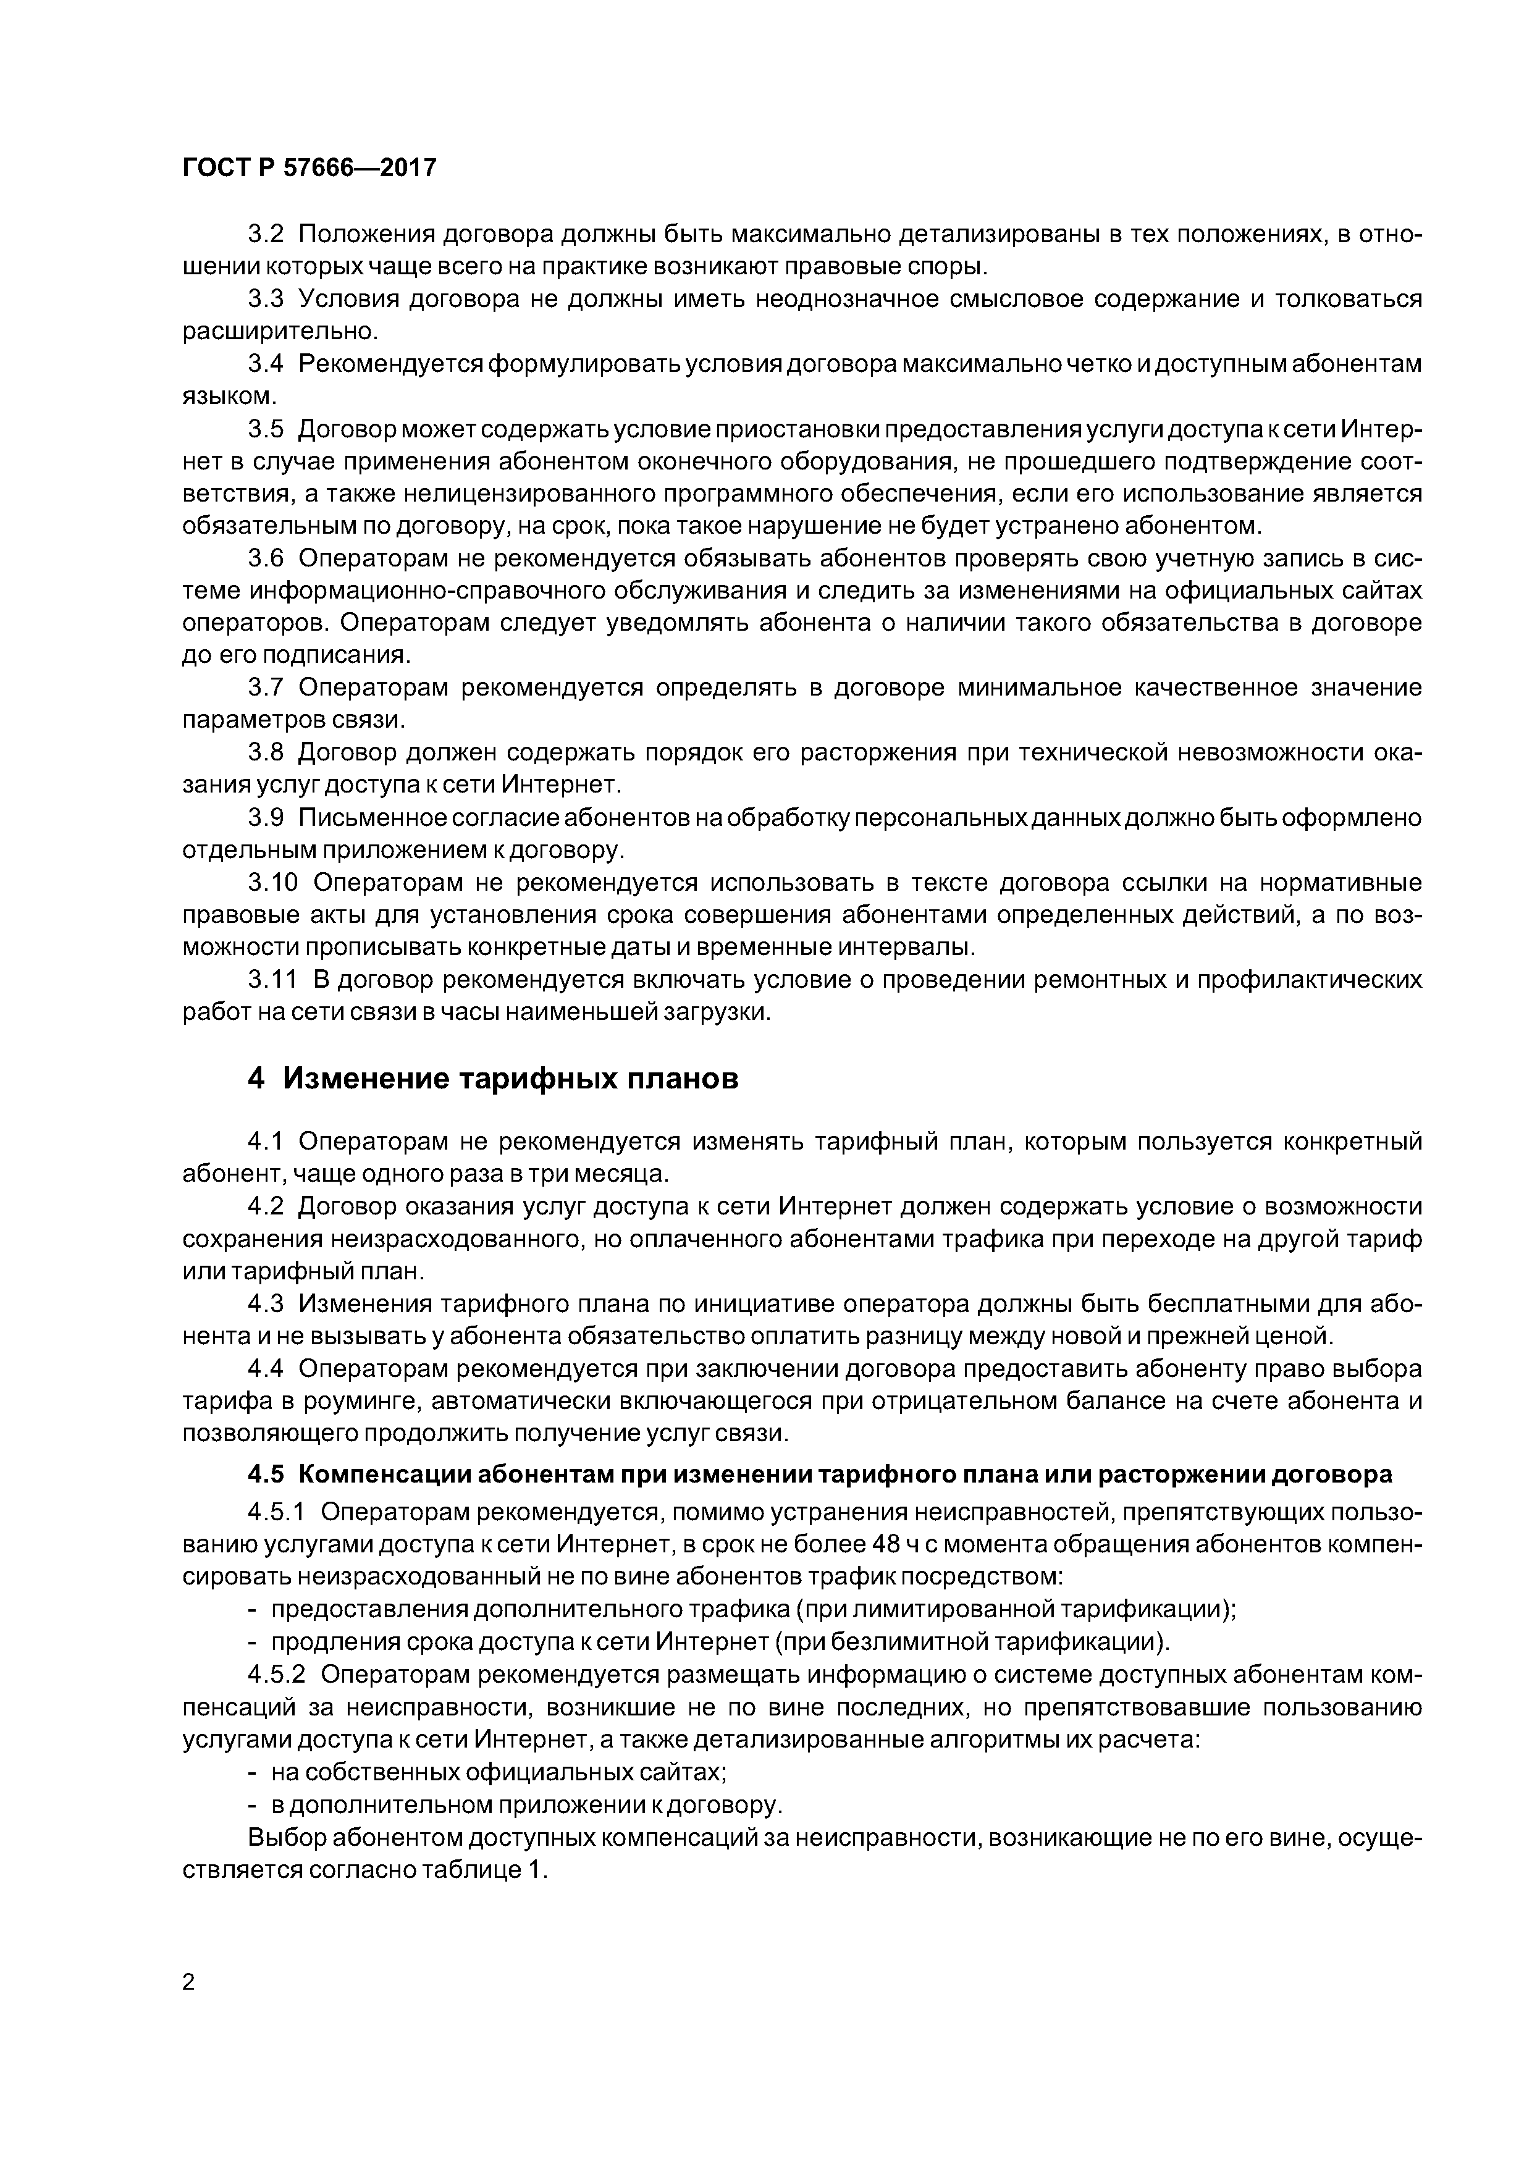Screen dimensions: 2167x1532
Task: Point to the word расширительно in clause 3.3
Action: pyautogui.click(x=279, y=331)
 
